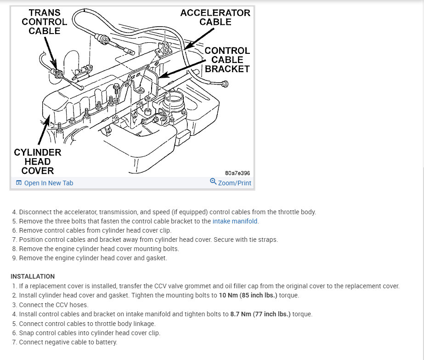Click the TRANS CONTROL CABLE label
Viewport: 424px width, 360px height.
click(44, 22)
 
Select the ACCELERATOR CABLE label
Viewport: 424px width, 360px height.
click(215, 17)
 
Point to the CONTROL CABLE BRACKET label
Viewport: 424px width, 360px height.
click(227, 60)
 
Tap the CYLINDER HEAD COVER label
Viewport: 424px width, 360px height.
click(38, 161)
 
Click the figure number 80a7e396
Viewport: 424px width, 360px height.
click(237, 173)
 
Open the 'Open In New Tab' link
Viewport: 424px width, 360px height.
click(48, 183)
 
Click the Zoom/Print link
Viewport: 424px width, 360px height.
click(234, 183)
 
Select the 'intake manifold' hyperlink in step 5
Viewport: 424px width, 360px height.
click(235, 221)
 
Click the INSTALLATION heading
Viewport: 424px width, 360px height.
click(33, 276)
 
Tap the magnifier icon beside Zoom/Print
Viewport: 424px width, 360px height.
click(213, 182)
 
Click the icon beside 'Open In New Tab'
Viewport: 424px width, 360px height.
click(19, 183)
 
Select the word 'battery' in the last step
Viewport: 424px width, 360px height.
click(106, 342)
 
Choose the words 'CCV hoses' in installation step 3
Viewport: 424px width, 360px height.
click(73, 305)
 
